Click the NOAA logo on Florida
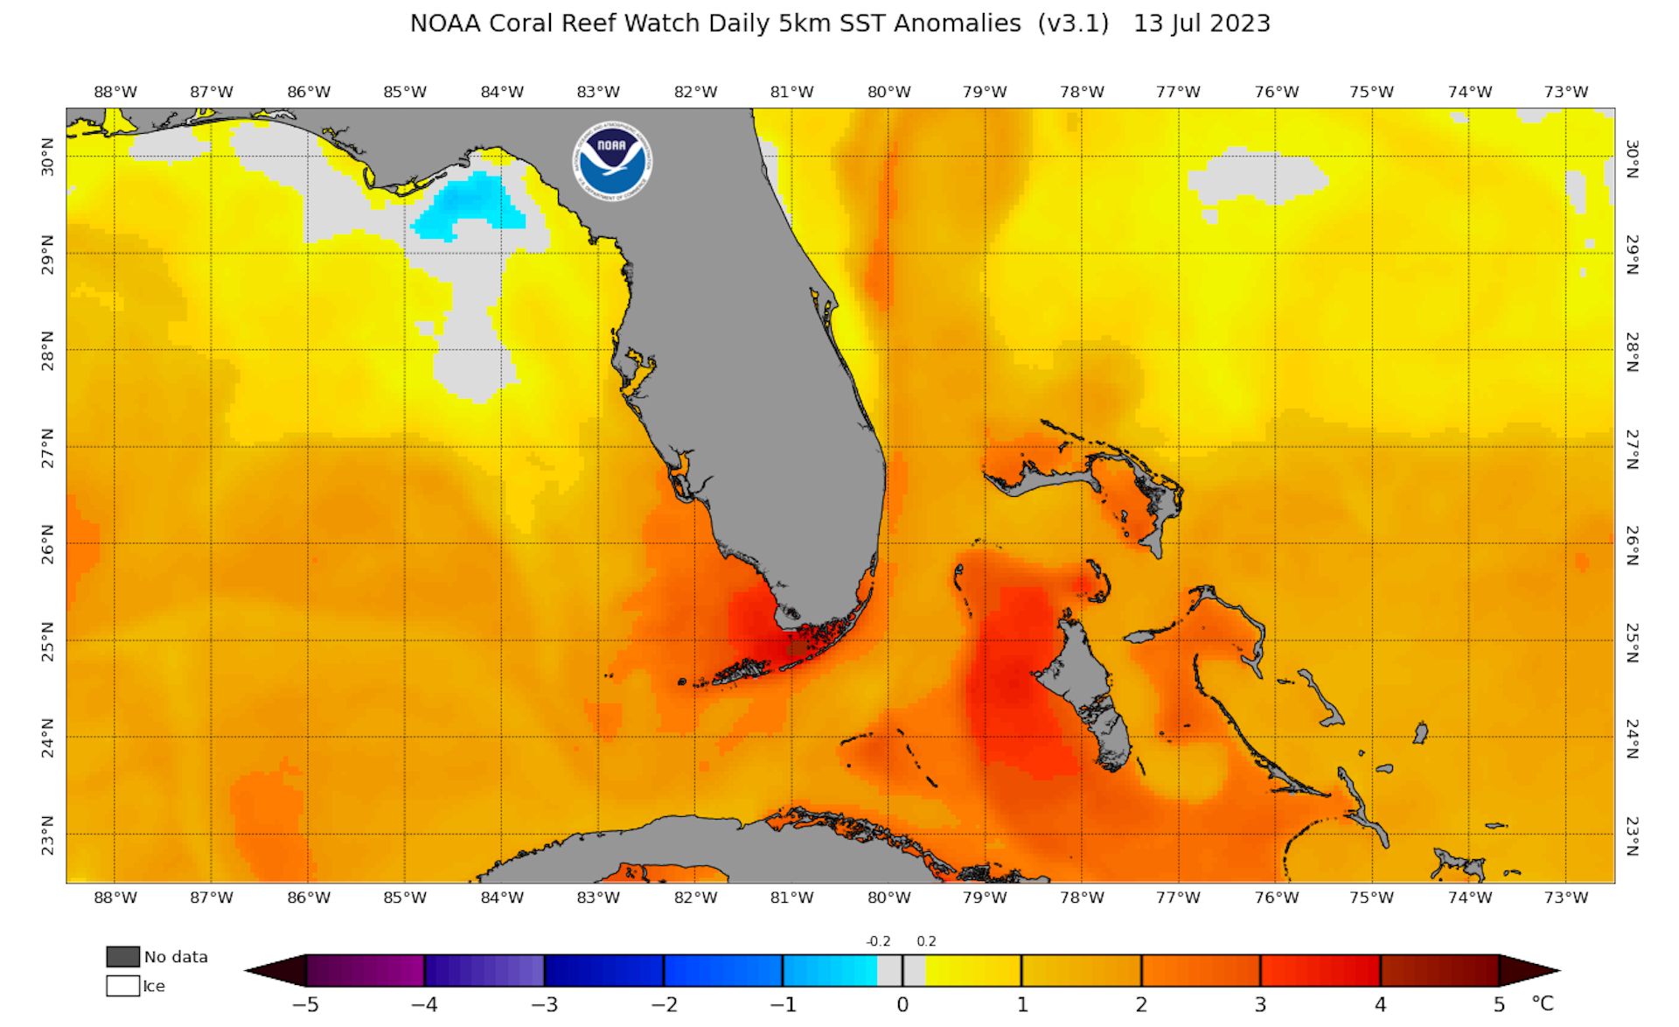pos(612,161)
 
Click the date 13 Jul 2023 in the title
pos(1202,24)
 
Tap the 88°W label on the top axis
pos(115,92)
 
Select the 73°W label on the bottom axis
pos(1565,898)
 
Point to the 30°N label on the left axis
pos(48,157)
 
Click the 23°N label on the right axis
pos(1632,835)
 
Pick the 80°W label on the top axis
pos(888,92)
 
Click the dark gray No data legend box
pos(123,956)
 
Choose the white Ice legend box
pos(123,986)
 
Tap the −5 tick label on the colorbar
pos(304,1004)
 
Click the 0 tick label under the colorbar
pos(902,1004)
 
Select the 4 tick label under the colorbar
pos(1380,1004)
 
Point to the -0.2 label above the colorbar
pos(878,941)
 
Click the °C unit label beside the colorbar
pos(1543,1003)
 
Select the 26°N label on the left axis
pos(48,543)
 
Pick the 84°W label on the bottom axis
pos(502,898)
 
